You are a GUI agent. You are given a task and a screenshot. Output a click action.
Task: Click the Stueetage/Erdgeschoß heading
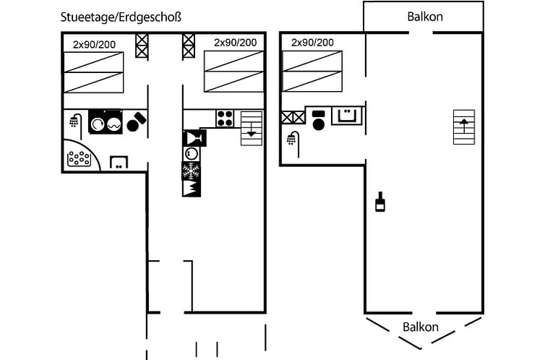(x=121, y=17)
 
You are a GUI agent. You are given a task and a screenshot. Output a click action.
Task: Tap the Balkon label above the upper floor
(x=425, y=17)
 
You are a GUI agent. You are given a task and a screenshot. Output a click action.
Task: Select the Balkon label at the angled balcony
(x=420, y=327)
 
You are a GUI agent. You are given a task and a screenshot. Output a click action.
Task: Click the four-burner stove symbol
(x=225, y=119)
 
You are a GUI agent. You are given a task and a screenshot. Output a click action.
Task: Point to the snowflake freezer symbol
(x=191, y=171)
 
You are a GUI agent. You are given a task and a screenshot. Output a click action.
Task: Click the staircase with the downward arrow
(x=252, y=128)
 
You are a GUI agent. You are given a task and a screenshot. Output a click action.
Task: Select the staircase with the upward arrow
(x=464, y=127)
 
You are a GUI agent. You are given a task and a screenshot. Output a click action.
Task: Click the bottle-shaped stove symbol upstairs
(x=380, y=202)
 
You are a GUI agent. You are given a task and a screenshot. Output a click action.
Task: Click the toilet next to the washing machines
(x=136, y=121)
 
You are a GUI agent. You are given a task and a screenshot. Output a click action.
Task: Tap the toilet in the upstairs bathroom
(x=319, y=120)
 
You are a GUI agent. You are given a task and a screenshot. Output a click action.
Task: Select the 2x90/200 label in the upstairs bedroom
(x=312, y=43)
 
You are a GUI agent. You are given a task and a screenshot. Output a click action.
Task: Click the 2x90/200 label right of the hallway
(x=236, y=43)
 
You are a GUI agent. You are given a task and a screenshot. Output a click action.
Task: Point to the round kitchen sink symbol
(x=191, y=154)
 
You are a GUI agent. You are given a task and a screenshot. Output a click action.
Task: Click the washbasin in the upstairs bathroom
(x=347, y=116)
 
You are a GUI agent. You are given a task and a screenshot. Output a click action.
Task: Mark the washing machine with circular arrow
(x=98, y=124)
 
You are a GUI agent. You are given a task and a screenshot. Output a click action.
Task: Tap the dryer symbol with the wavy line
(x=114, y=124)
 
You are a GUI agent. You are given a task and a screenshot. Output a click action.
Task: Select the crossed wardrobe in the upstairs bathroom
(x=293, y=117)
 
